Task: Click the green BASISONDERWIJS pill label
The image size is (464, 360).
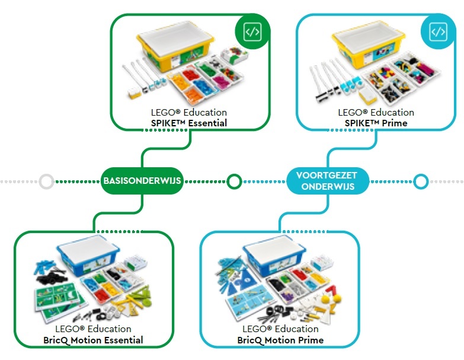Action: [x=141, y=180]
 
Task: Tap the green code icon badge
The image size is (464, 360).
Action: [x=252, y=32]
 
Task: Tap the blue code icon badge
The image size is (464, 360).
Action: [x=438, y=31]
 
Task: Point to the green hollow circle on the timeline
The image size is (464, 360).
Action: [x=234, y=181]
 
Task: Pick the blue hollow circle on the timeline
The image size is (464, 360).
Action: [x=420, y=181]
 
